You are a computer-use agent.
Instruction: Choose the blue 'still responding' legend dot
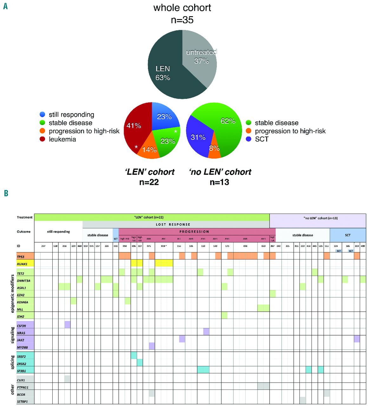tap(43, 115)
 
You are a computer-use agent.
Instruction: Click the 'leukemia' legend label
tap(62, 139)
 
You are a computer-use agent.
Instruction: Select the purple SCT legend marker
tap(249, 139)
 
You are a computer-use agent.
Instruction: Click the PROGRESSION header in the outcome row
tap(194, 232)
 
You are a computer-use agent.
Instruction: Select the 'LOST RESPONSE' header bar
tap(173, 225)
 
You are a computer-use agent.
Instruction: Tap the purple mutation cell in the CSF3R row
tap(68, 324)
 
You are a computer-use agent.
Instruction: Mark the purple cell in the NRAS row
tap(206, 331)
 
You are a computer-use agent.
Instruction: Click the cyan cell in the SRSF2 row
tap(134, 355)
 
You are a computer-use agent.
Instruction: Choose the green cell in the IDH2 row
tap(224, 315)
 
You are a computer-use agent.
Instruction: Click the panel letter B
tap(6, 193)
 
